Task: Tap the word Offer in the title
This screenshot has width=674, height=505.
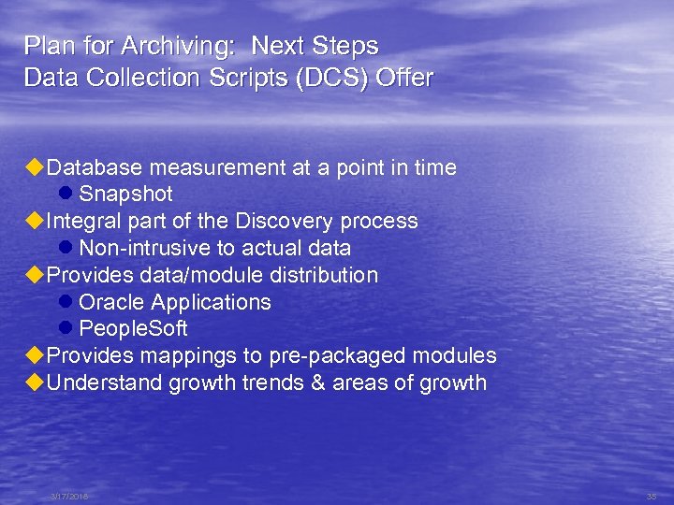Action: (x=404, y=78)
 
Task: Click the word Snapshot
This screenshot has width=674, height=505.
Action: (x=125, y=195)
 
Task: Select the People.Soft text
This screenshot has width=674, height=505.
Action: (x=133, y=329)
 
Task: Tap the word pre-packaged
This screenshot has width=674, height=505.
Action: (x=326, y=356)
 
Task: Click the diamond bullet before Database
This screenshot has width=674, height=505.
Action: (x=35, y=167)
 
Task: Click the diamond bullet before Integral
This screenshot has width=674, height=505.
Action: (x=35, y=221)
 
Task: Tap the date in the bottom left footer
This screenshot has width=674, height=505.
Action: (x=69, y=497)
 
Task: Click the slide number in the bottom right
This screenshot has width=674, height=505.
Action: (x=652, y=497)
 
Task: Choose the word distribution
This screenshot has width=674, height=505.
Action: (x=325, y=275)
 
